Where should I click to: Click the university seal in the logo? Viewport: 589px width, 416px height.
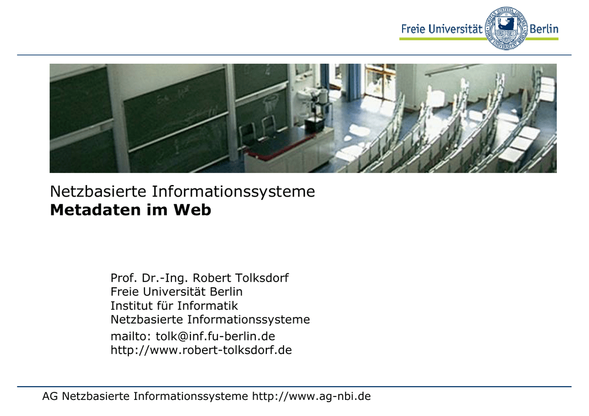pyautogui.click(x=506, y=28)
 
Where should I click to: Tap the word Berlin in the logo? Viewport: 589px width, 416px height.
pyautogui.click(x=544, y=29)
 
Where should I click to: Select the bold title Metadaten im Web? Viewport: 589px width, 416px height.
pyautogui.click(x=131, y=210)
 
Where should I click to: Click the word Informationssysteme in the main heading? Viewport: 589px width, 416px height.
pyautogui.click(x=234, y=192)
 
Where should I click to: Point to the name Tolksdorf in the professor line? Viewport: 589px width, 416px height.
pyautogui.click(x=262, y=278)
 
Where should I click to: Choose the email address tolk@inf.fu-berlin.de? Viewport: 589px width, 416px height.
pyautogui.click(x=215, y=336)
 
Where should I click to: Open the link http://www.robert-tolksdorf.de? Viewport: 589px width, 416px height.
pyautogui.click(x=201, y=350)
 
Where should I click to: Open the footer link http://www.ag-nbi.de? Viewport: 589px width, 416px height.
pyautogui.click(x=311, y=396)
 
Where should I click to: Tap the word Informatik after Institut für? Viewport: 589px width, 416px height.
pyautogui.click(x=208, y=306)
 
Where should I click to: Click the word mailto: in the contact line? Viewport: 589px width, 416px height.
pyautogui.click(x=131, y=336)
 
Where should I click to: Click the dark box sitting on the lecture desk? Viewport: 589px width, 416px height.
pyautogui.click(x=314, y=124)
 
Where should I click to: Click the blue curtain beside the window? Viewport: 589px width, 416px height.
pyautogui.click(x=354, y=82)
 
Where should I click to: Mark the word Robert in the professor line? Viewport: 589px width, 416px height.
pyautogui.click(x=212, y=278)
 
